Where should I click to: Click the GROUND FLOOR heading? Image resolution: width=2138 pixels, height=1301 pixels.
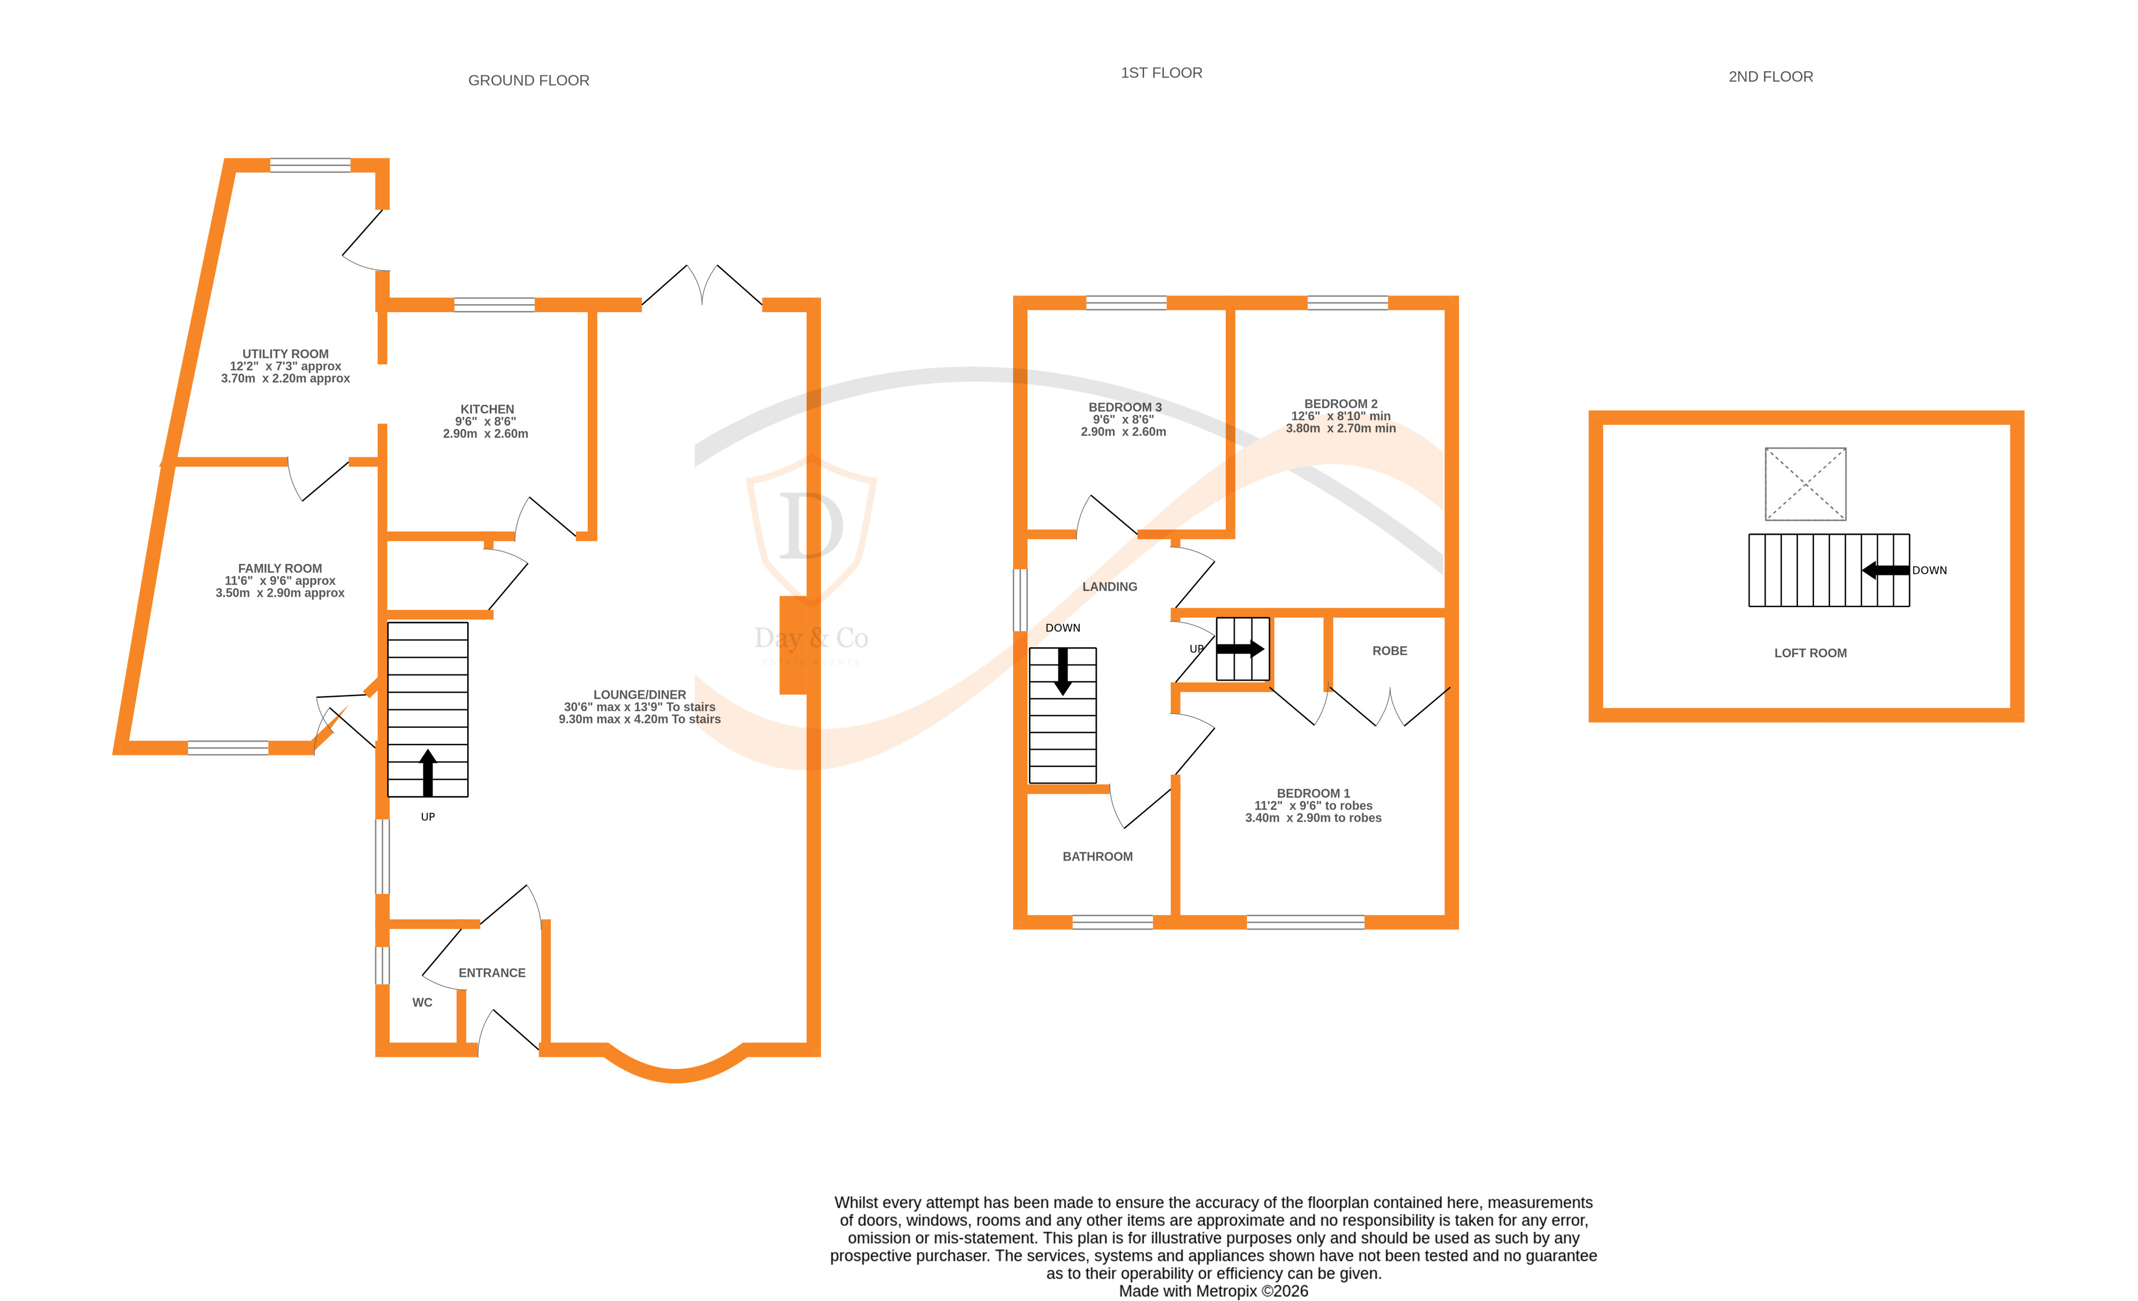[x=529, y=80]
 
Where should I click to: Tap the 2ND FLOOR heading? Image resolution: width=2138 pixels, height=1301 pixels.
[x=1770, y=77]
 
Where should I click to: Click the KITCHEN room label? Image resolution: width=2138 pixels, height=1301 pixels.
[x=487, y=409]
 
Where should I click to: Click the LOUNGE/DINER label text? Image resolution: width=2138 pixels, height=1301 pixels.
[x=640, y=694]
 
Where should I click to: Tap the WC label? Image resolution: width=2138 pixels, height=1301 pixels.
[x=422, y=1003]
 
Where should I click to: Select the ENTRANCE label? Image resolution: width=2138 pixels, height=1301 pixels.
[x=492, y=973]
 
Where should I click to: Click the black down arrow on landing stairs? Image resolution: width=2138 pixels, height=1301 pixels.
[x=1062, y=673]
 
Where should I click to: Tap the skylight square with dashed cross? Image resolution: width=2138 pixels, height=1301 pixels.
[x=1805, y=484]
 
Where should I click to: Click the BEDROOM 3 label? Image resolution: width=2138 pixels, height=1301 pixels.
[x=1124, y=407]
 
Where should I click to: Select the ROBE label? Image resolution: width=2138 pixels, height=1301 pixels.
[x=1389, y=651]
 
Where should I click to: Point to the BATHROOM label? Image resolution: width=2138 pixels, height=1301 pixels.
[x=1097, y=857]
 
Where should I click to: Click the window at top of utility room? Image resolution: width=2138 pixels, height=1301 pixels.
[x=310, y=165]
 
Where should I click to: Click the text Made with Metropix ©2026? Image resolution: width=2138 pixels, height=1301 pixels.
[x=1213, y=1291]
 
